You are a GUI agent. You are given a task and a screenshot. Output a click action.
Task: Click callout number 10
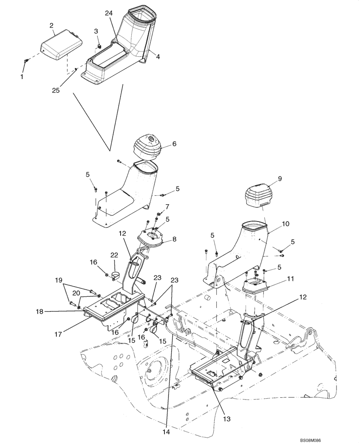coord(286,224)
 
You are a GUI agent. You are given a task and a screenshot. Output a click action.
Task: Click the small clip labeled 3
coord(99,45)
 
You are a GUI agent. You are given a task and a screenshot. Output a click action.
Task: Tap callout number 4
coord(158,56)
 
